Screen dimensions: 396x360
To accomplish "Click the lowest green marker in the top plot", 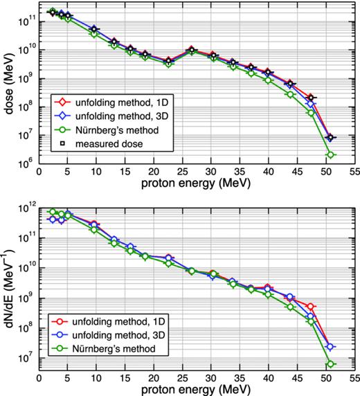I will (331, 155).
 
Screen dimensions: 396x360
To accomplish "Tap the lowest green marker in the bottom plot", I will (331, 364).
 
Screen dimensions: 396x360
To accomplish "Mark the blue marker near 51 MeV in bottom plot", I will (331, 347).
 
